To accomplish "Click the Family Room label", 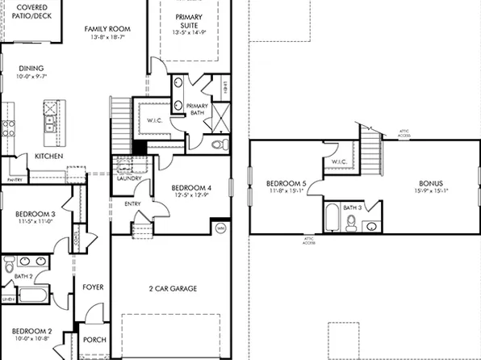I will pos(107,29).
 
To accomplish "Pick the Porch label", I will pos(95,340).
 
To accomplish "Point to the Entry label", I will pos(132,203).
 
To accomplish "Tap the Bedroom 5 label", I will pos(287,184).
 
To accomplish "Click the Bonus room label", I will pos(430,183).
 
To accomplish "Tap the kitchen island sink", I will pos(51,123).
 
